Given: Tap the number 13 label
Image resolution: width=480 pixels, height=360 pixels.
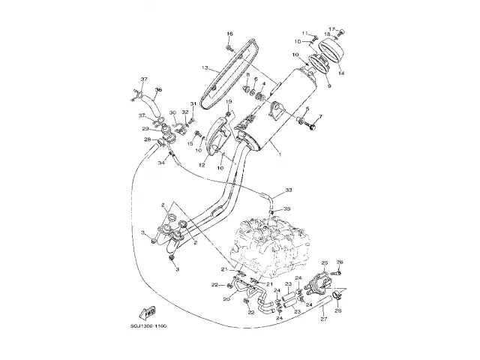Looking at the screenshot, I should pos(204,67).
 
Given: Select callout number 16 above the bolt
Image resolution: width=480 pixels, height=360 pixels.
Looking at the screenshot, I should pos(230,33).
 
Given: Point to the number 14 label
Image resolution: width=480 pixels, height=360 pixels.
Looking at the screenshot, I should pos(342,73).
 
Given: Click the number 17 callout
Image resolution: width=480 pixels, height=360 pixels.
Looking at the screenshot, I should pos(331,28).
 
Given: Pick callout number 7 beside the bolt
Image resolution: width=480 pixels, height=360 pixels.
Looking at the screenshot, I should pos(320,117).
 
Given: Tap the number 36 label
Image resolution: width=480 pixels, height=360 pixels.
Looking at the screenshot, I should pos(158,90).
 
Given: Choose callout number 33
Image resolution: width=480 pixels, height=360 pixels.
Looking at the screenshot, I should pos(288,191).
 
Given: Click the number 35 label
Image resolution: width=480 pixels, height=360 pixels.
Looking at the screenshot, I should pos(288,210).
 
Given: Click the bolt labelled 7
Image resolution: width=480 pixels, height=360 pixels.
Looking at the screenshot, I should pos(311,128).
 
